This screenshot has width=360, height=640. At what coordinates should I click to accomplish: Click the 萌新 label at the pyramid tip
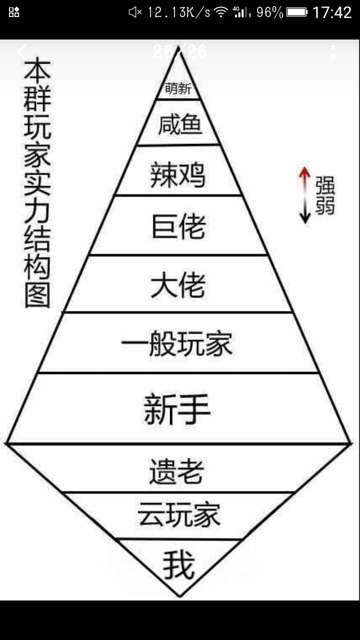pos(178,88)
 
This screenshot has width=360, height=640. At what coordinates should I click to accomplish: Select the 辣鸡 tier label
pos(177,174)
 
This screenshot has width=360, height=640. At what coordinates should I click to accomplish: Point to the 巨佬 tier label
pos(179,226)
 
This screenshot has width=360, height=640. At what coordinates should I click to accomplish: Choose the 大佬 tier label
pos(178,284)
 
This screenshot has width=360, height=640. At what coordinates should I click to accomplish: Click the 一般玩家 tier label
pos(176,343)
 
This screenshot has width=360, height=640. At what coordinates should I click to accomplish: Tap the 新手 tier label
pos(177,408)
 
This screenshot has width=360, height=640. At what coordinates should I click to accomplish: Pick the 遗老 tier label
pos(176,471)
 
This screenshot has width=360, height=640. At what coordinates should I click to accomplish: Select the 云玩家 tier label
pos(179,515)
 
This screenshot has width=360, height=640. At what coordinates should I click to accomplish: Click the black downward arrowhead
pos(305,217)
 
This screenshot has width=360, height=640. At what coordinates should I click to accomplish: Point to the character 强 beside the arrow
pos(325,185)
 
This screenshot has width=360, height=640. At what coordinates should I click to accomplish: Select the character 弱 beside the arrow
pos(325,204)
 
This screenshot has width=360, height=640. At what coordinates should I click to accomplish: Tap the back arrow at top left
pos(21,51)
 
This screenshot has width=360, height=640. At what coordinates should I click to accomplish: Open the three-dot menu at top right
pos(333,51)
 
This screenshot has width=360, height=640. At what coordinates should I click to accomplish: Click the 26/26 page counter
pos(179,51)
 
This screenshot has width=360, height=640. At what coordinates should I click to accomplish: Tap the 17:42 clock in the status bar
pos(332,12)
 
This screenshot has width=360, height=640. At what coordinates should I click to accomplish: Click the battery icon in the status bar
pos(297,12)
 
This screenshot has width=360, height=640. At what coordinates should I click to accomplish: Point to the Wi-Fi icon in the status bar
pos(221,12)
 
